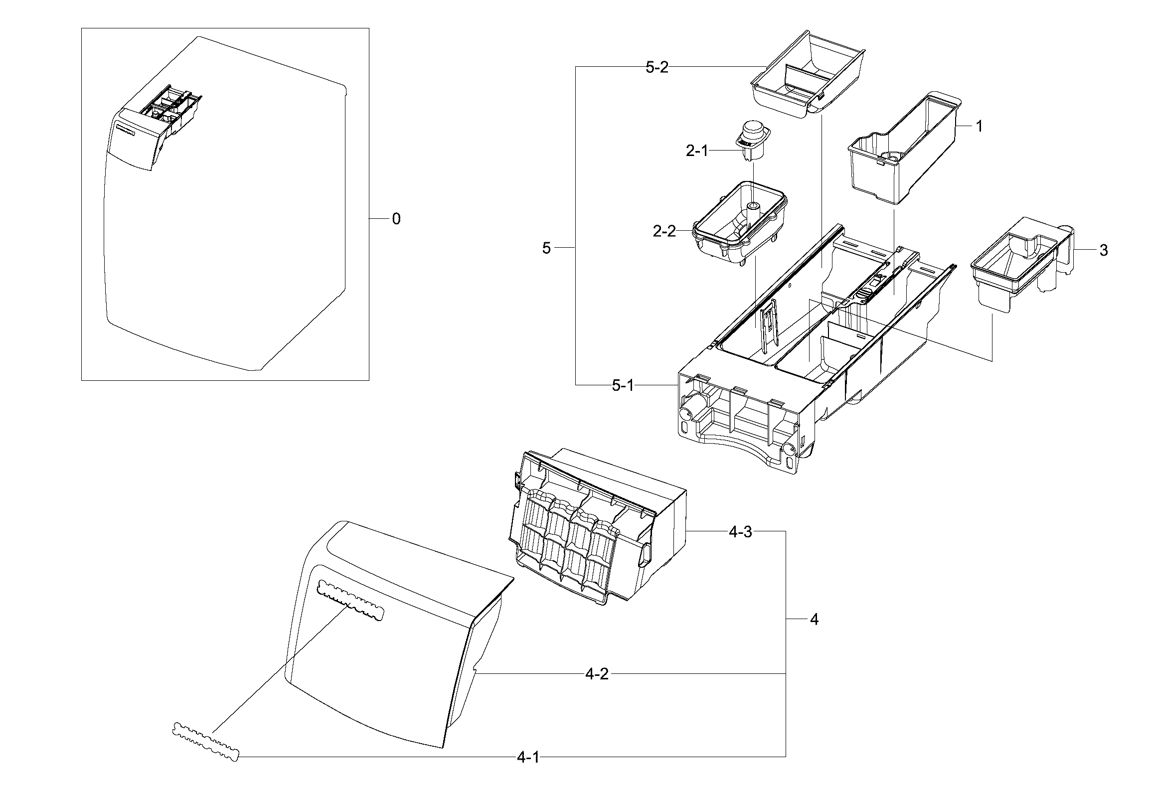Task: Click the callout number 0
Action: click(396, 219)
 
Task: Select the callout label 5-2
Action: click(657, 68)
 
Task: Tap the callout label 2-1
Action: click(696, 151)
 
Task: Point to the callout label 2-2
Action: click(664, 231)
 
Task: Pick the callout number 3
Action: click(1104, 250)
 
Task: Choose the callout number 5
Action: click(546, 248)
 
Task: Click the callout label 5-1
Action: click(623, 385)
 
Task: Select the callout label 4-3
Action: click(740, 531)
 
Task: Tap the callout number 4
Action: click(814, 620)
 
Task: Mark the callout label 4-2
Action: click(597, 674)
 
